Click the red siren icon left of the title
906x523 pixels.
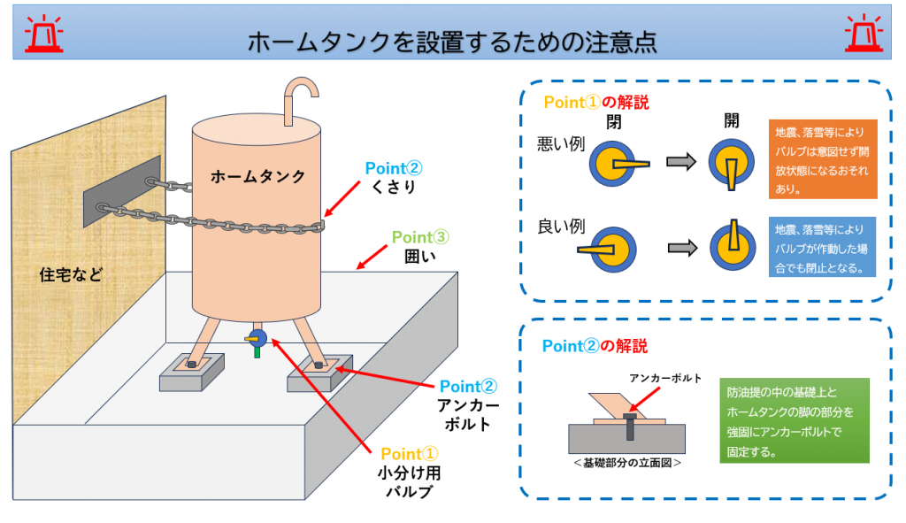point(44,34)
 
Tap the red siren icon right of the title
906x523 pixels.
point(864,34)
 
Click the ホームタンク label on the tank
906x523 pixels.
point(257,176)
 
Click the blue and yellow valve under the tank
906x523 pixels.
point(256,341)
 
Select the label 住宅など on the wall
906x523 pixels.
point(71,274)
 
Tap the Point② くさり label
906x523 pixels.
point(394,177)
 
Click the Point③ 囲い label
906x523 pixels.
point(420,247)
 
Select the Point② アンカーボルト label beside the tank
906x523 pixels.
point(468,405)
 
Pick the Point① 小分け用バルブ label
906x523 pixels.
point(409,473)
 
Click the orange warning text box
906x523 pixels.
point(823,159)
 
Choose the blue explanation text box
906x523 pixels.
point(822,248)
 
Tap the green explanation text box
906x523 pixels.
point(795,420)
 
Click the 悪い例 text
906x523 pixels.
point(560,144)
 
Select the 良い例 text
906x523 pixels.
point(561,227)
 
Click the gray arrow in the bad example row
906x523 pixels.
point(681,161)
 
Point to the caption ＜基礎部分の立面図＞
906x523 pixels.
point(627,463)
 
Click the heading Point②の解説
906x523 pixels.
point(595,346)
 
